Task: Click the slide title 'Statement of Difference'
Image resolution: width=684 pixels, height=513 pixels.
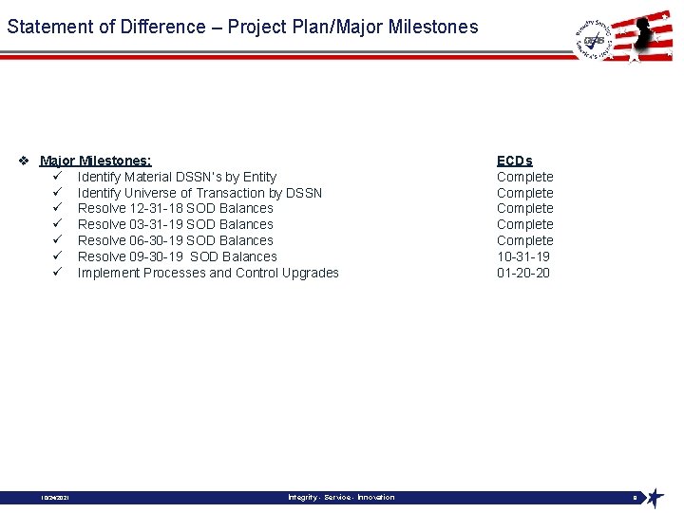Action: pos(242,27)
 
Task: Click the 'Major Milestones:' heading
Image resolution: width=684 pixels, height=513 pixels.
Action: pos(95,161)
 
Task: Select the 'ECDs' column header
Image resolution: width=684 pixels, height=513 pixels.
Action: pos(514,161)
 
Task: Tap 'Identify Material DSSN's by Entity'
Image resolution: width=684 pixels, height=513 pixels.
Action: pos(177,177)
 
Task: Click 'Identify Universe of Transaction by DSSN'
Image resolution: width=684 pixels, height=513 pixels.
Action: pos(199,193)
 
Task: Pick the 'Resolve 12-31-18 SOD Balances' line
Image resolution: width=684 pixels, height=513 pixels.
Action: pos(175,208)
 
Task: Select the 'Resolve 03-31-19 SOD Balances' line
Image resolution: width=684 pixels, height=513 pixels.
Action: pos(175,224)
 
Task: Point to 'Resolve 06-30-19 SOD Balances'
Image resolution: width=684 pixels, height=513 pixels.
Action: pos(175,240)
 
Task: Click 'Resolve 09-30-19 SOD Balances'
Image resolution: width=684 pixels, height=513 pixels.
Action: pos(177,256)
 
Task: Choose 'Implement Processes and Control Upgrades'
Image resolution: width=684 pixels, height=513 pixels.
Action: pos(208,273)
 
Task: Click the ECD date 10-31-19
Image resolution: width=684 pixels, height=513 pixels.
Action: pos(522,256)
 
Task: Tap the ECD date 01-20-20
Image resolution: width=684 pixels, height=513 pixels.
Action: pos(522,273)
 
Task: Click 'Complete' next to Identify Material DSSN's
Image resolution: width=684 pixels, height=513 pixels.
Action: pos(524,177)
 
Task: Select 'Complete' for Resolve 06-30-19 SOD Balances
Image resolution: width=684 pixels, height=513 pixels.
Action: pos(524,240)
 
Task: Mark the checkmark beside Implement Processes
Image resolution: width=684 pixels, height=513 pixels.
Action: pos(58,273)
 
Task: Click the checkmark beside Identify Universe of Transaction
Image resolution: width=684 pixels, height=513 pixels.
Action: pos(58,193)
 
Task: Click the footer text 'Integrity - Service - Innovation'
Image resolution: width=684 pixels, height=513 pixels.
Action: pos(341,497)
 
